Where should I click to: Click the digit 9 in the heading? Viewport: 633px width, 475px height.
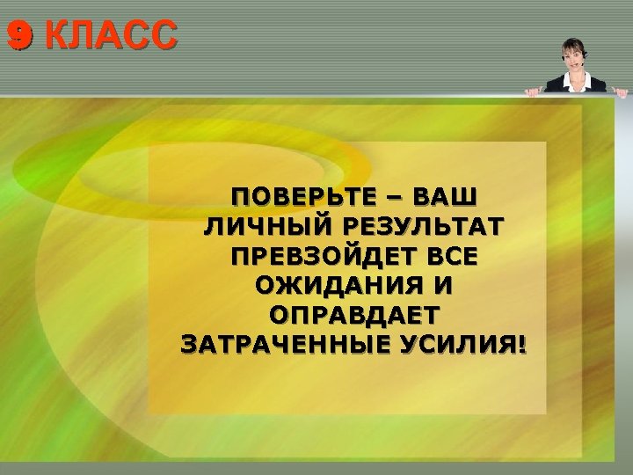click(x=18, y=36)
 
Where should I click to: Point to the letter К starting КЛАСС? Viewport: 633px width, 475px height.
click(x=55, y=36)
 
